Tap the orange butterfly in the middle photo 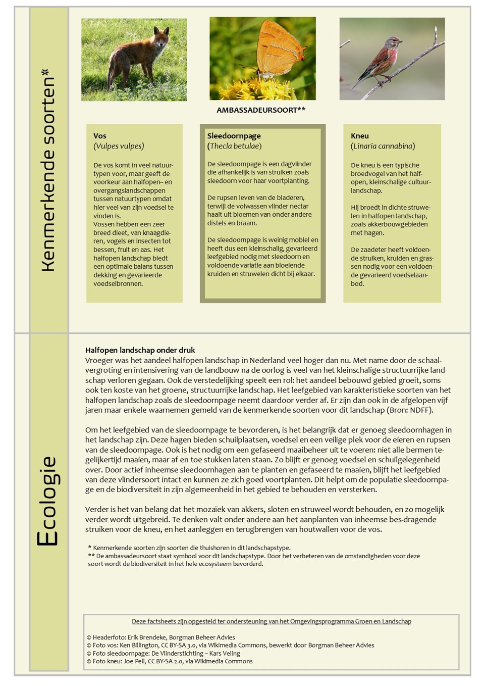click(x=278, y=51)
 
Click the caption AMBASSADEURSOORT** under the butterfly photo click(x=261, y=110)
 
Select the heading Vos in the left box click(x=100, y=136)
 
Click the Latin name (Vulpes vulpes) click(x=119, y=146)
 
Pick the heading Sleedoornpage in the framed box click(x=234, y=136)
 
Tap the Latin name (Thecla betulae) click(x=234, y=146)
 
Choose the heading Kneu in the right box click(x=360, y=136)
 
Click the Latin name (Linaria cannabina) click(x=383, y=146)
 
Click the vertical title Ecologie click(x=48, y=501)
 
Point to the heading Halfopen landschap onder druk click(x=140, y=350)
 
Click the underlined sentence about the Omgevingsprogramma click(x=272, y=621)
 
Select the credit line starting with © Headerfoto click(x=160, y=638)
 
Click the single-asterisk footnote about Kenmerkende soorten click(x=189, y=548)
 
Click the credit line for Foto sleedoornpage click(x=163, y=653)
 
